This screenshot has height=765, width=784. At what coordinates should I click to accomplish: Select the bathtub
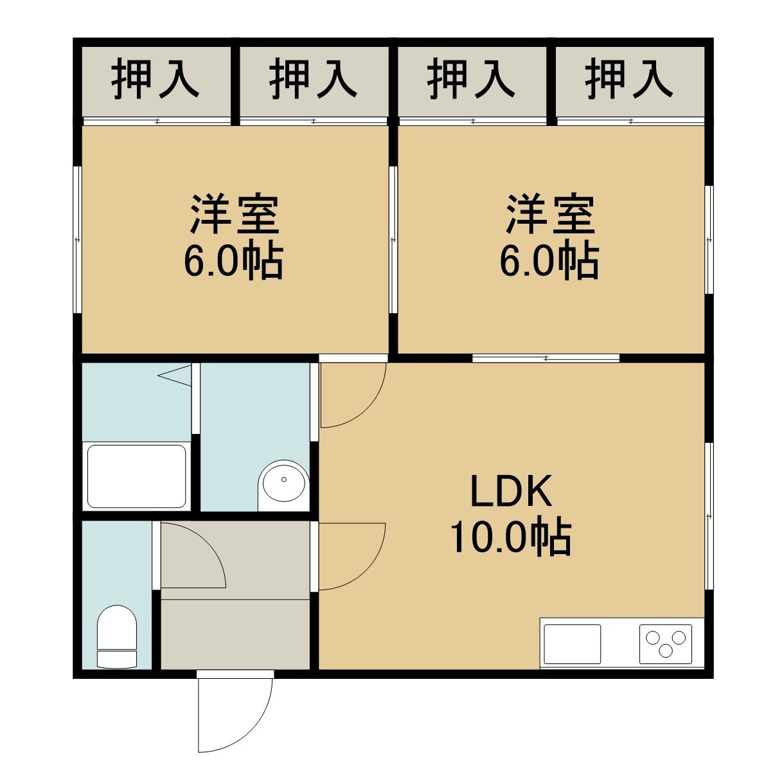pyautogui.click(x=137, y=476)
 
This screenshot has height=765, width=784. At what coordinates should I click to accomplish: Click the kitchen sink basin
pyautogui.click(x=572, y=644)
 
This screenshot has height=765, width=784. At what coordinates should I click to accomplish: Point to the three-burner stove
pyautogui.click(x=666, y=644)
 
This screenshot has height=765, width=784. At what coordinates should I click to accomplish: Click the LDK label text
pyautogui.click(x=511, y=491)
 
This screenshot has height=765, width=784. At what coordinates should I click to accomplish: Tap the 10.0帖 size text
pyautogui.click(x=510, y=537)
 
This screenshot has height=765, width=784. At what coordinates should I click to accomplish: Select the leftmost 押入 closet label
pyautogui.click(x=155, y=79)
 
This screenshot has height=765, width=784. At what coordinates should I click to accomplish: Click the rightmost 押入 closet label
pyautogui.click(x=629, y=79)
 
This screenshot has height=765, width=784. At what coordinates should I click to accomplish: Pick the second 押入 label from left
pyautogui.click(x=313, y=79)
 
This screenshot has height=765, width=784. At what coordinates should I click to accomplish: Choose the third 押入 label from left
pyautogui.click(x=471, y=79)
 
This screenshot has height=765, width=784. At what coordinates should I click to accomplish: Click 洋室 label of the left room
pyautogui.click(x=235, y=215)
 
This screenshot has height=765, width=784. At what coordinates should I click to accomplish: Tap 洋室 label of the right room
pyautogui.click(x=550, y=215)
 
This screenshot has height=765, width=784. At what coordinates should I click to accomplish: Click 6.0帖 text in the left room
pyautogui.click(x=234, y=260)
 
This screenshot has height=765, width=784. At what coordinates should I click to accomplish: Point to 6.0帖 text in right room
pyautogui.click(x=549, y=260)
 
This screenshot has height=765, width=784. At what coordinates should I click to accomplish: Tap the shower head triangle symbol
pyautogui.click(x=174, y=375)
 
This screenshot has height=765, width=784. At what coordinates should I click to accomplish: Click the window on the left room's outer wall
pyautogui.click(x=77, y=240)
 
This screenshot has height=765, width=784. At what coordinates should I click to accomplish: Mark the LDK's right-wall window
pyautogui.click(x=709, y=516)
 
